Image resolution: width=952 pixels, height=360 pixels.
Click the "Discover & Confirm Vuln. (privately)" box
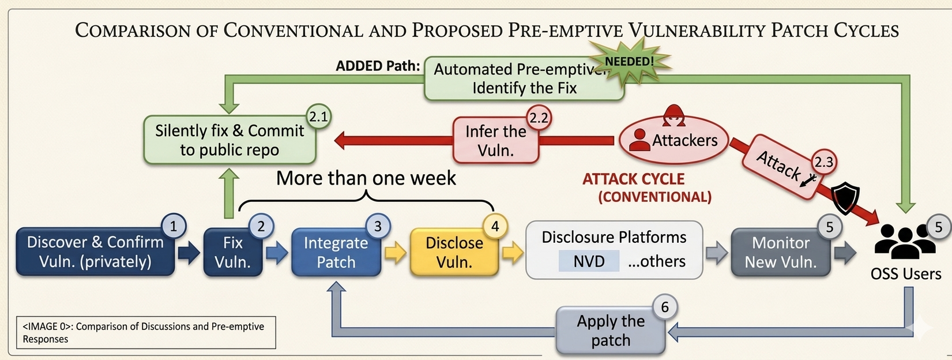95,252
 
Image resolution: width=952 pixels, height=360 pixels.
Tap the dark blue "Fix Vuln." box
233,252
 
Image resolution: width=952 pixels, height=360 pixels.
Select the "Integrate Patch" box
336,252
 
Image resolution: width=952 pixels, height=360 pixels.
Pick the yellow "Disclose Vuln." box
454,252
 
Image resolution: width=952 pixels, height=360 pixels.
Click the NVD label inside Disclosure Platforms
589,261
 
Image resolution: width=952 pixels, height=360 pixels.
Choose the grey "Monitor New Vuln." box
781,252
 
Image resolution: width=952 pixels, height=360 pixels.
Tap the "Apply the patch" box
611,331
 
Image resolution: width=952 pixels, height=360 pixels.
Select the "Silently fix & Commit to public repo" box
229,140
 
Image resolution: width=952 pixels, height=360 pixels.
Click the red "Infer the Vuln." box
495,140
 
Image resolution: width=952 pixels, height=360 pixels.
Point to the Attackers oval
673,140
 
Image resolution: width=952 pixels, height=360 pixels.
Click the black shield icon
845,197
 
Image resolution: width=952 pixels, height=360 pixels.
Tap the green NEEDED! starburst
630,62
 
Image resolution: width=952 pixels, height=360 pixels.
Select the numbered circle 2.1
318,117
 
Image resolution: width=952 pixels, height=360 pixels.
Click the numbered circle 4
495,226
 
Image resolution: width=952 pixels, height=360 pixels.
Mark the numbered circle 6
664,307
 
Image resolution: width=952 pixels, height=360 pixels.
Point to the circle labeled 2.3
823,162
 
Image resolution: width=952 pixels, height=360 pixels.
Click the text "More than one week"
366,178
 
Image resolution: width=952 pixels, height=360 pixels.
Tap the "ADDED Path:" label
378,66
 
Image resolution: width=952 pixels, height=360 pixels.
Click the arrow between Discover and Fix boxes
189,253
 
